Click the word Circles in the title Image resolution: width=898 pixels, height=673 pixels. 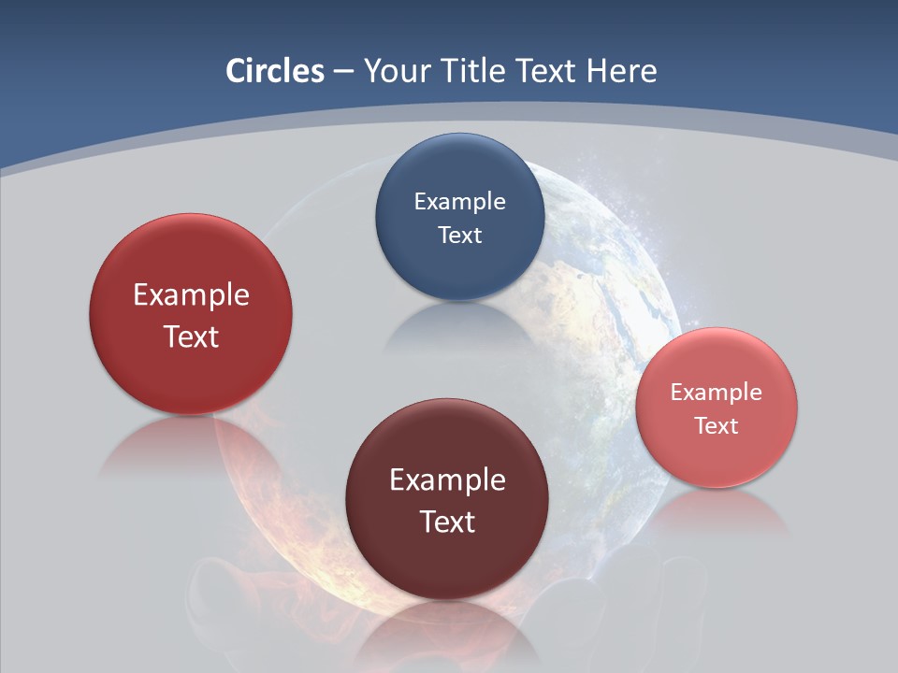click(x=274, y=71)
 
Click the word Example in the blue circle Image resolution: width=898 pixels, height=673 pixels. click(x=459, y=201)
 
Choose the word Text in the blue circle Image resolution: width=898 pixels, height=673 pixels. click(x=459, y=235)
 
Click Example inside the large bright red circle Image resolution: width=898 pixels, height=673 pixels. click(x=191, y=294)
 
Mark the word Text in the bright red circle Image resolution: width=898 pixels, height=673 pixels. click(x=191, y=336)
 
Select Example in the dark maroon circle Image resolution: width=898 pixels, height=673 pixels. click(x=447, y=480)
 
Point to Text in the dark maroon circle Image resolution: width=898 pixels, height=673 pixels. click(x=447, y=522)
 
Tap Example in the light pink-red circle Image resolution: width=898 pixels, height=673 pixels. click(x=717, y=392)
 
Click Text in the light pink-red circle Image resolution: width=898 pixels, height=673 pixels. click(x=717, y=426)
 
